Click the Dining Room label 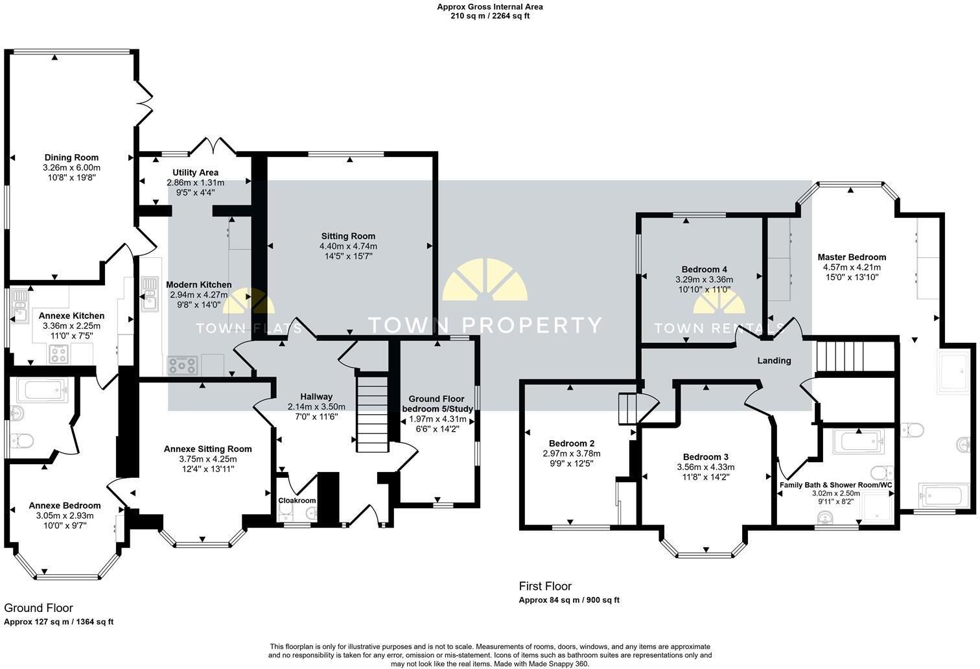(71, 158)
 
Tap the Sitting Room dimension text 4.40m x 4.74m (348, 246)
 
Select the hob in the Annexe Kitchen (58, 354)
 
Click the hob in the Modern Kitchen (182, 366)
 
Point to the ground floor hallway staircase (372, 412)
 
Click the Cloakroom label (297, 500)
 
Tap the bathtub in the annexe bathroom (42, 390)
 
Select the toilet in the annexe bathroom (21, 441)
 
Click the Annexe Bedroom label (65, 506)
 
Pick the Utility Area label (195, 172)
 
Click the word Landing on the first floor (774, 360)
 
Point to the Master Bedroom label (852, 257)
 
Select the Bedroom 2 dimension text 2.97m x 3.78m (572, 454)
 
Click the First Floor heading (545, 586)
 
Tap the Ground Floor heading (38, 608)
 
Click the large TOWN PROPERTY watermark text (485, 325)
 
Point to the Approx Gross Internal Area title (490, 6)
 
